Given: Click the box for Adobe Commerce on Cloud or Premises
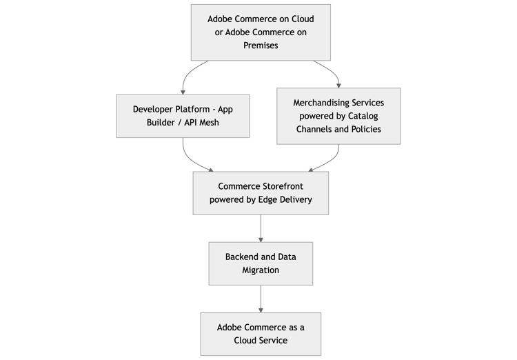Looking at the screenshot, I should [261, 32].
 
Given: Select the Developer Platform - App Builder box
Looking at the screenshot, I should [183, 116].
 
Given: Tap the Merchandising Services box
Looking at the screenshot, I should [338, 116].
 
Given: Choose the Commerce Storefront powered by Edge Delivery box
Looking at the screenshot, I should [261, 193].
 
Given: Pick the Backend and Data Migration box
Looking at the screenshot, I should [261, 263].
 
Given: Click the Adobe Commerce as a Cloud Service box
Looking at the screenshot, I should [261, 334].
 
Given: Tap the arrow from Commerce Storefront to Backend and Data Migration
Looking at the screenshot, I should [261, 228].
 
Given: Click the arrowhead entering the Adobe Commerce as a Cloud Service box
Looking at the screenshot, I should [261, 310].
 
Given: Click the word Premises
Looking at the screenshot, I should [261, 46].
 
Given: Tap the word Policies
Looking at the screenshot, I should [364, 129].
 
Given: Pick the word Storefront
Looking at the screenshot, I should [280, 186].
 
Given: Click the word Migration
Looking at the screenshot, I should [261, 270].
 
